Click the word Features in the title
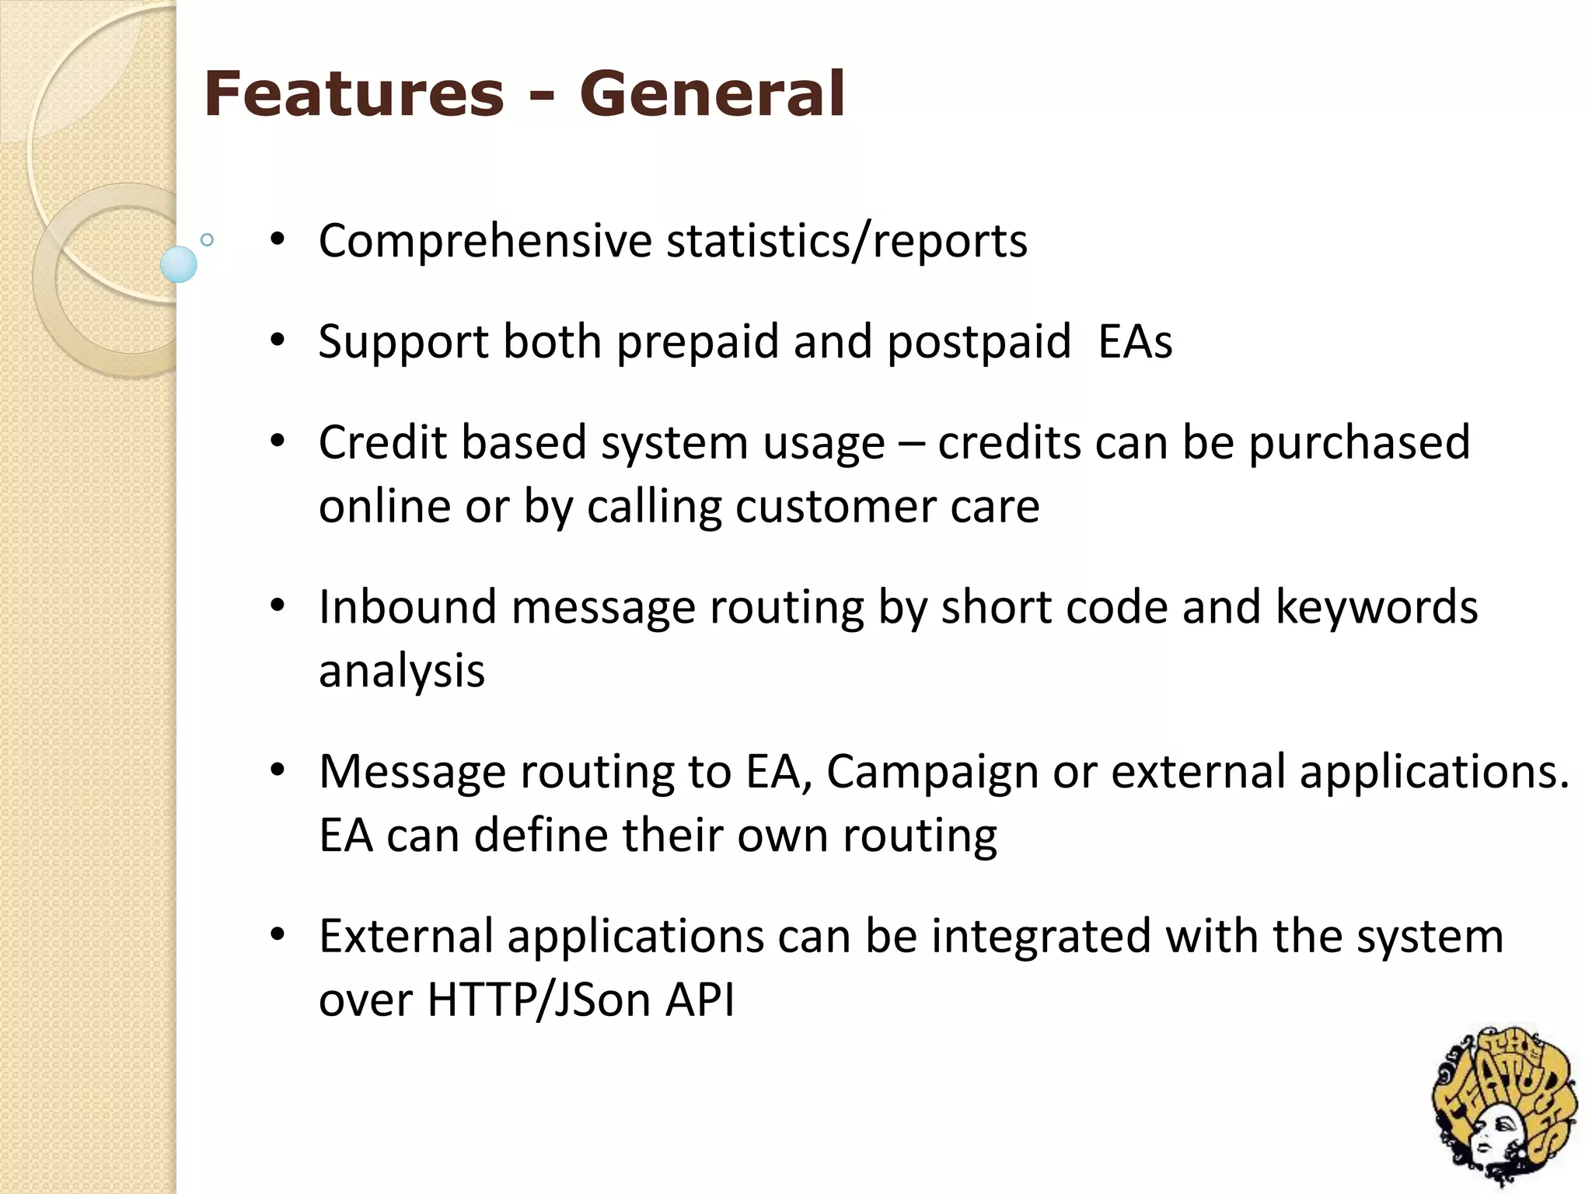[x=354, y=94]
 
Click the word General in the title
[x=711, y=94]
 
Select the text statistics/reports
[x=847, y=241]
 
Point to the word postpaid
[x=979, y=342]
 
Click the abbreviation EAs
[x=1135, y=342]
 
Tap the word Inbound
[x=407, y=607]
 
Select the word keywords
[x=1376, y=607]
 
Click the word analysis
[x=402, y=671]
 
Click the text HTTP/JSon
[x=539, y=1000]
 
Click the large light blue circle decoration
[x=179, y=264]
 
